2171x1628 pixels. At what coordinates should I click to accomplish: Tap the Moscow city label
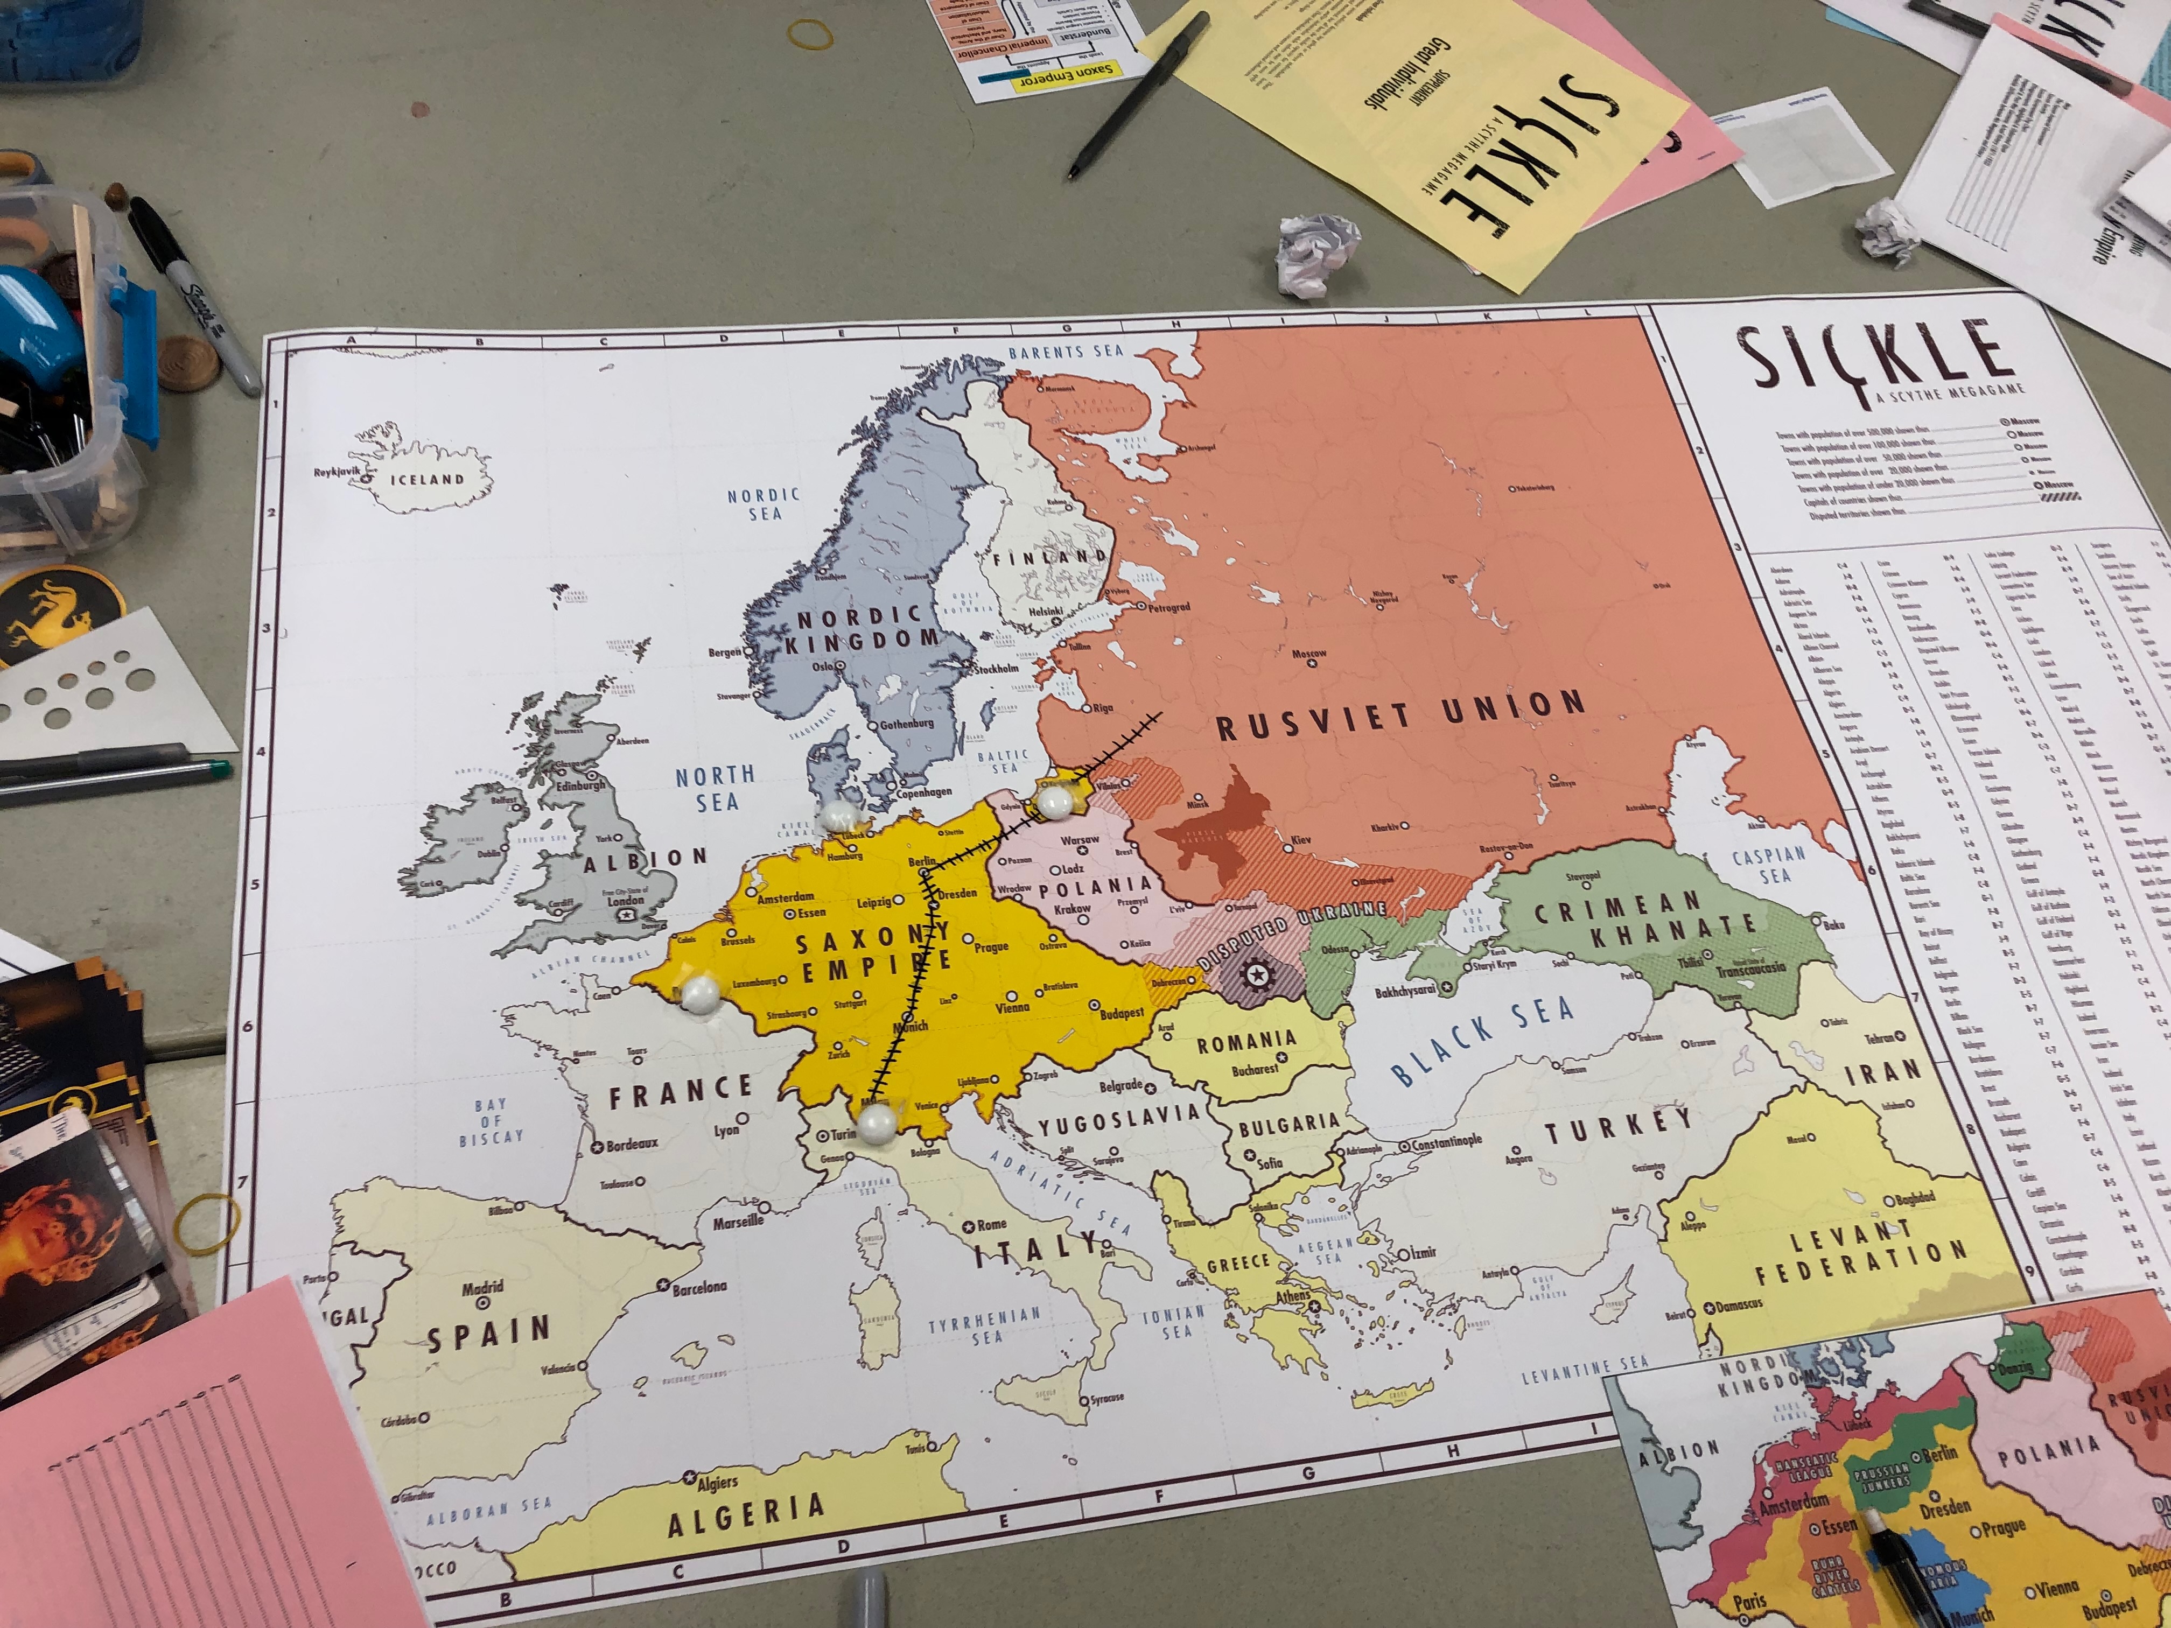(x=1309, y=654)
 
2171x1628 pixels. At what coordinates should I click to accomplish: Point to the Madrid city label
(x=483, y=1287)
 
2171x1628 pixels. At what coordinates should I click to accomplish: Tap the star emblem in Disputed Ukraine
(x=1255, y=976)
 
